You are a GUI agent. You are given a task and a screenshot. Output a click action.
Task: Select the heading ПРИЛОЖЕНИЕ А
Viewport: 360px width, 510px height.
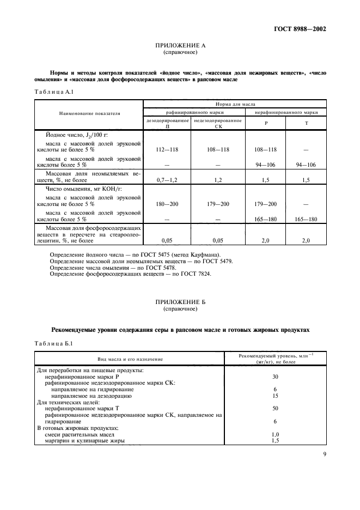(180, 46)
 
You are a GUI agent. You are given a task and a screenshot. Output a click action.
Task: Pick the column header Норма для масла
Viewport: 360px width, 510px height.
(234, 103)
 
